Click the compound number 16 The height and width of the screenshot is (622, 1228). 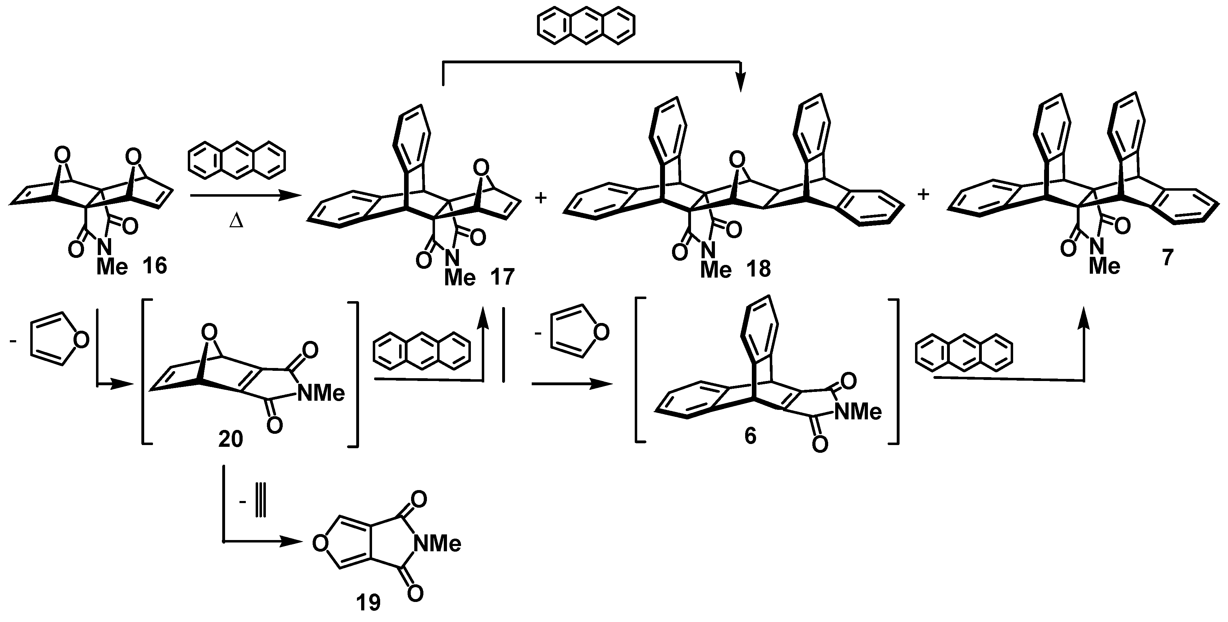coord(155,265)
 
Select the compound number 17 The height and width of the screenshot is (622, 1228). coord(501,277)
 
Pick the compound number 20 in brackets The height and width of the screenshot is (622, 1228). coord(231,439)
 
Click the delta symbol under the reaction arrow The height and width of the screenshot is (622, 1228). coord(236,222)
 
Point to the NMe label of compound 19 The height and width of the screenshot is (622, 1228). coord(437,544)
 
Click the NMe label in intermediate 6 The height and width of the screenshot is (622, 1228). coord(858,412)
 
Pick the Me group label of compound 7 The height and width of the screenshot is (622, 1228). coord(1105,266)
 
